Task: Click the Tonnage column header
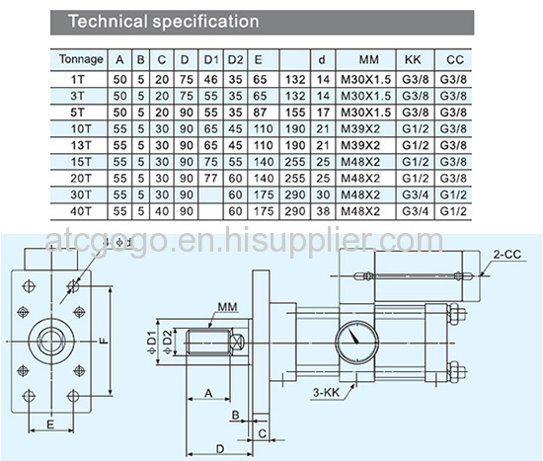(x=81, y=59)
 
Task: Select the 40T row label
(x=80, y=211)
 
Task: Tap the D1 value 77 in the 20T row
(x=210, y=179)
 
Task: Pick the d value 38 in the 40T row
(x=323, y=211)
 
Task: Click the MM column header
(x=368, y=59)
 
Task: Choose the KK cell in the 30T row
(x=416, y=194)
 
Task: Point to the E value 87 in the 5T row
(x=260, y=113)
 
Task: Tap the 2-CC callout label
(x=507, y=255)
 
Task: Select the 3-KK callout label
(x=327, y=393)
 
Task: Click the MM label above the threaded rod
(x=227, y=307)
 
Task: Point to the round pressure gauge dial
(x=356, y=343)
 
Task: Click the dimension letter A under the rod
(x=208, y=394)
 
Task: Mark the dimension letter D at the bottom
(x=220, y=449)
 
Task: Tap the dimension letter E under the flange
(x=50, y=424)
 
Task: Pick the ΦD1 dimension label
(x=151, y=343)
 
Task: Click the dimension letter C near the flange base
(x=263, y=433)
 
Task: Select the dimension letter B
(x=236, y=415)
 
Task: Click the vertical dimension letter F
(x=104, y=342)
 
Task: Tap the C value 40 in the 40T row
(x=162, y=211)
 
